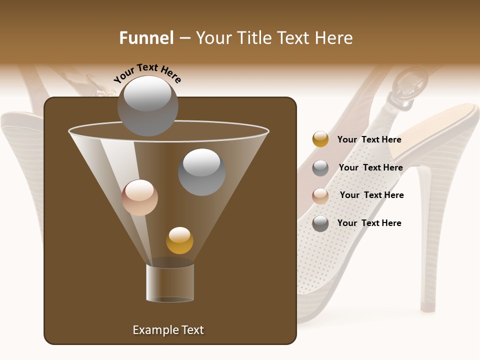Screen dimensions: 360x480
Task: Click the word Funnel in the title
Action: pyautogui.click(x=146, y=38)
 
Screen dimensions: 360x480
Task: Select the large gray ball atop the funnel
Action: pyautogui.click(x=148, y=106)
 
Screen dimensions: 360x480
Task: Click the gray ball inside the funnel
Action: pyautogui.click(x=202, y=172)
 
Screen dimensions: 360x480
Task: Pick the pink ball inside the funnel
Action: pyautogui.click(x=139, y=197)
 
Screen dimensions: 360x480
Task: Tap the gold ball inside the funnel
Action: pyautogui.click(x=179, y=240)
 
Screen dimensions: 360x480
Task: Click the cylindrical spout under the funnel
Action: pyautogui.click(x=170, y=282)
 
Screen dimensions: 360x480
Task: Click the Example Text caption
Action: pyautogui.click(x=168, y=330)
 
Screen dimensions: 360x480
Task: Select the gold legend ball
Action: pyautogui.click(x=320, y=139)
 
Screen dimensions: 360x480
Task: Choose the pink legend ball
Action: pyautogui.click(x=320, y=195)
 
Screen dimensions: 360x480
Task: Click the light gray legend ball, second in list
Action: pyautogui.click(x=320, y=167)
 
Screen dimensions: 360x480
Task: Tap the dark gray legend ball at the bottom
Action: pyautogui.click(x=320, y=223)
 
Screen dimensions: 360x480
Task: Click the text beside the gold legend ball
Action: pyautogui.click(x=369, y=139)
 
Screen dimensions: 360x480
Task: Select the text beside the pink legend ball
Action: pyautogui.click(x=371, y=195)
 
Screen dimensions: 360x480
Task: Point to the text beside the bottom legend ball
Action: pyautogui.click(x=369, y=223)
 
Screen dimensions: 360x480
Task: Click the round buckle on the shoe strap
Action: pyautogui.click(x=409, y=87)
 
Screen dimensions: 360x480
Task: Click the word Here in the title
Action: pyautogui.click(x=334, y=38)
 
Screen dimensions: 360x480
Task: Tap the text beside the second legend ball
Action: pyautogui.click(x=370, y=167)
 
